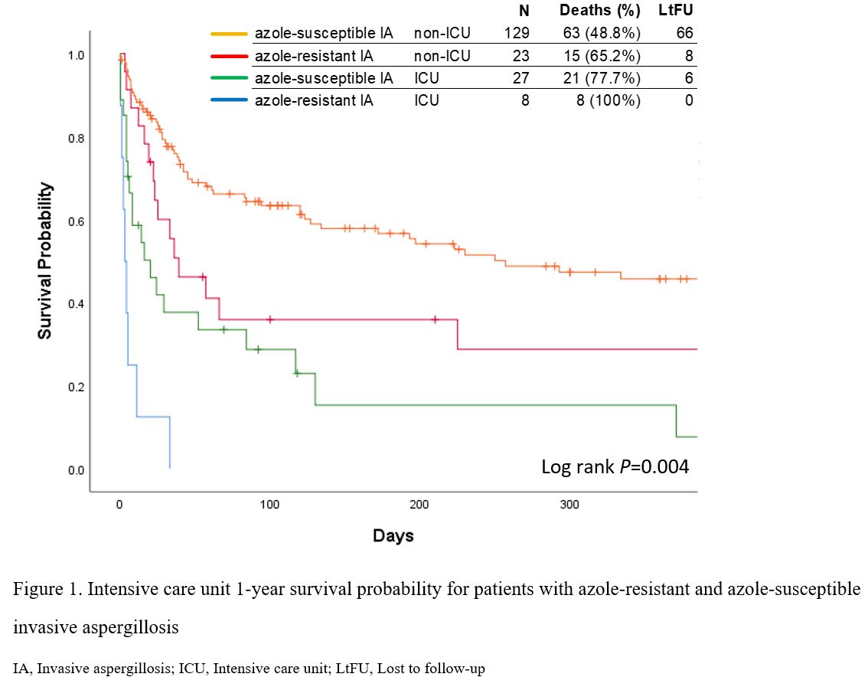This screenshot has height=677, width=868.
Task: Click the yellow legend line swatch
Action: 230,34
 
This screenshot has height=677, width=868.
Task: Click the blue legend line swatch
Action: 230,100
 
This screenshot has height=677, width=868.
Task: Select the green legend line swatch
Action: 230,78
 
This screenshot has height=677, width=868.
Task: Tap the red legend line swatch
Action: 230,56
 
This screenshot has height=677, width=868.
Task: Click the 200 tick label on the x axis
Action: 419,505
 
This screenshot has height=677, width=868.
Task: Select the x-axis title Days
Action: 393,536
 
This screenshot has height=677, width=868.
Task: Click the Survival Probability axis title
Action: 46,260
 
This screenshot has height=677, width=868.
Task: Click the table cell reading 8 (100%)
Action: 609,100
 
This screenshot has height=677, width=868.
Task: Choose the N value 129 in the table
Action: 517,34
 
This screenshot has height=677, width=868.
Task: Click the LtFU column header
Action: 676,11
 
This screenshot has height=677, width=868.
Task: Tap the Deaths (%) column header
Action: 599,11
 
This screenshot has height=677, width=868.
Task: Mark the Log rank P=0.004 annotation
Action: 615,466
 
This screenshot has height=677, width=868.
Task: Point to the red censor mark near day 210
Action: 435,319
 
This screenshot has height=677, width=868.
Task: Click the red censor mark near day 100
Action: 269,319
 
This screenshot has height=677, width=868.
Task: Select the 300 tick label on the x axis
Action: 569,505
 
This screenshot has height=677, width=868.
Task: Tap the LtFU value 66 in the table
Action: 684,34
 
